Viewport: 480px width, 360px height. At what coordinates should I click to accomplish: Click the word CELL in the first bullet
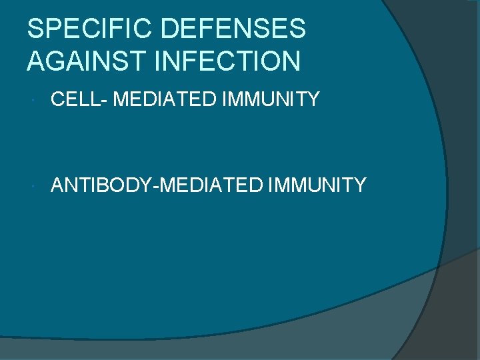(73, 100)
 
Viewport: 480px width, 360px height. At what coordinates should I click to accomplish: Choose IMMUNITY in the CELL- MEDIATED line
(271, 100)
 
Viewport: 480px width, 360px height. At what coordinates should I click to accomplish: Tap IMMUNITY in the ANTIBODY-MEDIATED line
(317, 185)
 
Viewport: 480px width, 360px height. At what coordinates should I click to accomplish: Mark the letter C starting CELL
(57, 100)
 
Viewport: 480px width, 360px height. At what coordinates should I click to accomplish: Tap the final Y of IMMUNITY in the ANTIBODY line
(359, 185)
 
